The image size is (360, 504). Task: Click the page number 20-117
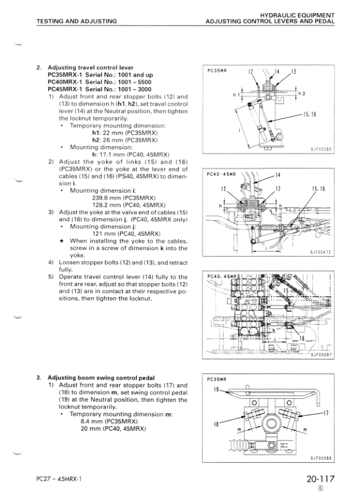(x=320, y=479)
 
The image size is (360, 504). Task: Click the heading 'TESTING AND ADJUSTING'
(x=77, y=21)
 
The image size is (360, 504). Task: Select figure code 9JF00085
(x=321, y=149)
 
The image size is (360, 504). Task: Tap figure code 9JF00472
(x=321, y=253)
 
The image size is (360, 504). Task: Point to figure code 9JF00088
(x=321, y=459)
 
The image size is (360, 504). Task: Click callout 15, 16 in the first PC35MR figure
(x=310, y=114)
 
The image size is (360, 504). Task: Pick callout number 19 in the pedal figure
(x=216, y=390)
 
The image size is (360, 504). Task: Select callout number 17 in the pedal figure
(x=326, y=413)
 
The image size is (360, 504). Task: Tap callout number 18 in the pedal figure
(x=216, y=424)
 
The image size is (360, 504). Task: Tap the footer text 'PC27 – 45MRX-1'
(x=59, y=479)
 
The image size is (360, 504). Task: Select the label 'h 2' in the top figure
(x=301, y=94)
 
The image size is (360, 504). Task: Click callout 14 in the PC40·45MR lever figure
(x=278, y=175)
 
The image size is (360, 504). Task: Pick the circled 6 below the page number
(x=320, y=488)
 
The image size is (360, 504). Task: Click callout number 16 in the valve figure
(x=302, y=338)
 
